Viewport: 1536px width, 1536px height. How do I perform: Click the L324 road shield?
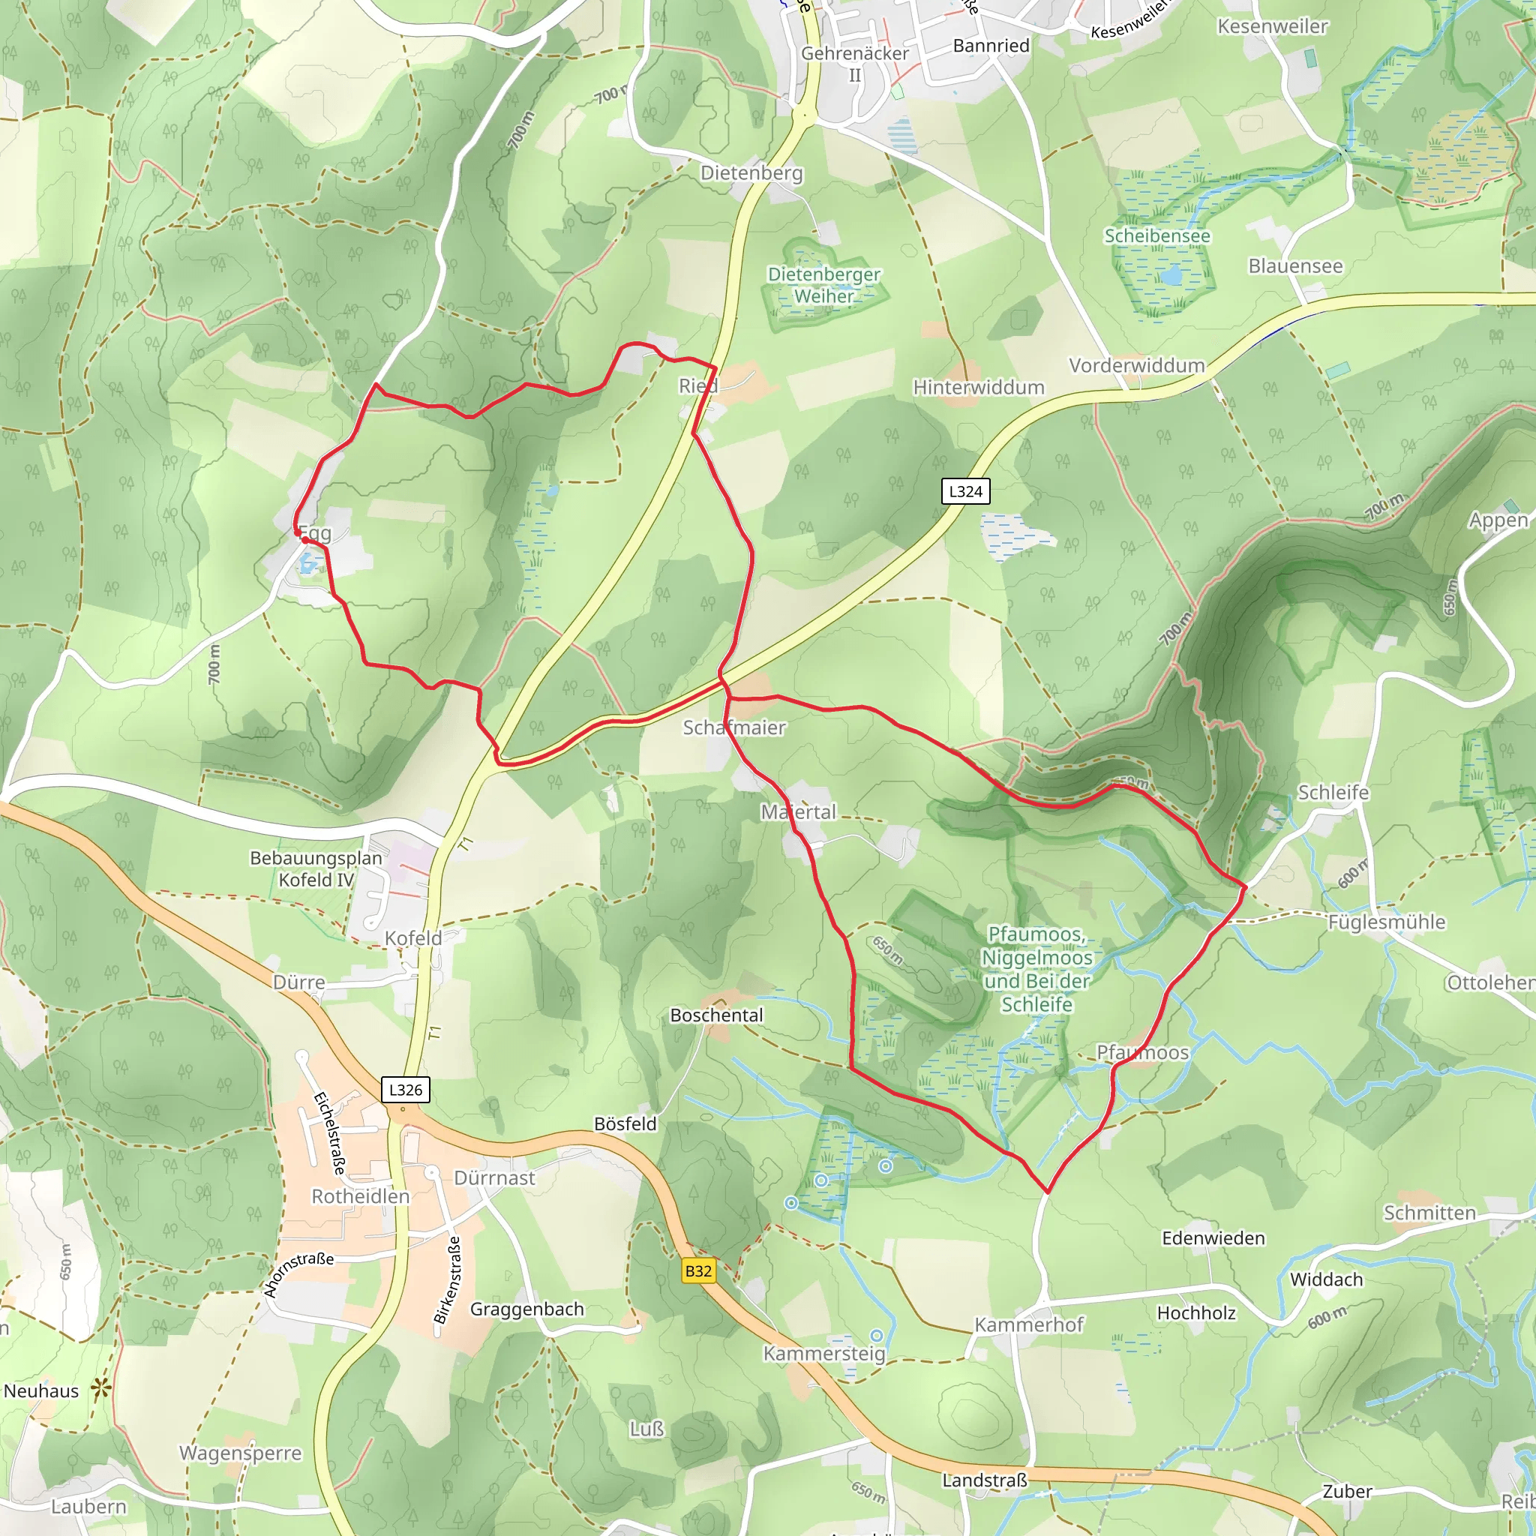[965, 491]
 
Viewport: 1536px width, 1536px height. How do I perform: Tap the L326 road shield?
[406, 1089]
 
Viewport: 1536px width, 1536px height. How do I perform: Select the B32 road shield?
[698, 1270]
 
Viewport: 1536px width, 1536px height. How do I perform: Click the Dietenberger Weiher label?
[823, 284]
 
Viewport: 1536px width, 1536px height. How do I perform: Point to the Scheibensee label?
[1156, 236]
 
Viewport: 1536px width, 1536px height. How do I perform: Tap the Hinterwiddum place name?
[978, 387]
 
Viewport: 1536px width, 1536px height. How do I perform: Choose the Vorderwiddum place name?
[1136, 366]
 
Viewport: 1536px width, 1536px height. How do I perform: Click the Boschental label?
[716, 1015]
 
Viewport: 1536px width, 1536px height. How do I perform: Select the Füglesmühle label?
[1387, 922]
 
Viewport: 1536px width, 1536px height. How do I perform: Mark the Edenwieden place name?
[1213, 1237]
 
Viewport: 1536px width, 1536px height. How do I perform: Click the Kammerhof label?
[1029, 1324]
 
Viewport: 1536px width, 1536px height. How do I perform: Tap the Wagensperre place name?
[240, 1453]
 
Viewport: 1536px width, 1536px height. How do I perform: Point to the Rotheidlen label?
[360, 1196]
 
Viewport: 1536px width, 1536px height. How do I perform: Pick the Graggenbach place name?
[526, 1309]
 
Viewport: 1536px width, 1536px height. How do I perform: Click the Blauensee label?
[1295, 266]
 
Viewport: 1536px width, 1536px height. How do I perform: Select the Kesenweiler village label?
[1272, 26]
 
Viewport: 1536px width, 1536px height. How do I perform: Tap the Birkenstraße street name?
[448, 1279]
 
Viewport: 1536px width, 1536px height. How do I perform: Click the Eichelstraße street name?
[330, 1134]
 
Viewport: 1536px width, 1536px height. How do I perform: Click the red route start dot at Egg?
[304, 540]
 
